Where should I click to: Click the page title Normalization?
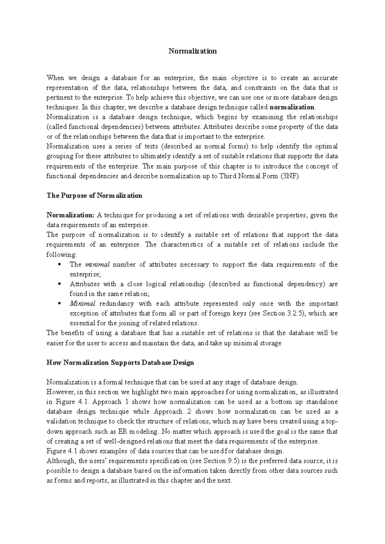pyautogui.click(x=193, y=51)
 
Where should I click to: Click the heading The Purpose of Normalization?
pyautogui.click(x=94, y=196)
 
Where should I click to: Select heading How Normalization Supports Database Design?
pyautogui.click(x=120, y=363)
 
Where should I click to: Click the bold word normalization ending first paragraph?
pyautogui.click(x=292, y=107)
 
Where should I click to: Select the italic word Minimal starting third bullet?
pyautogui.click(x=82, y=304)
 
